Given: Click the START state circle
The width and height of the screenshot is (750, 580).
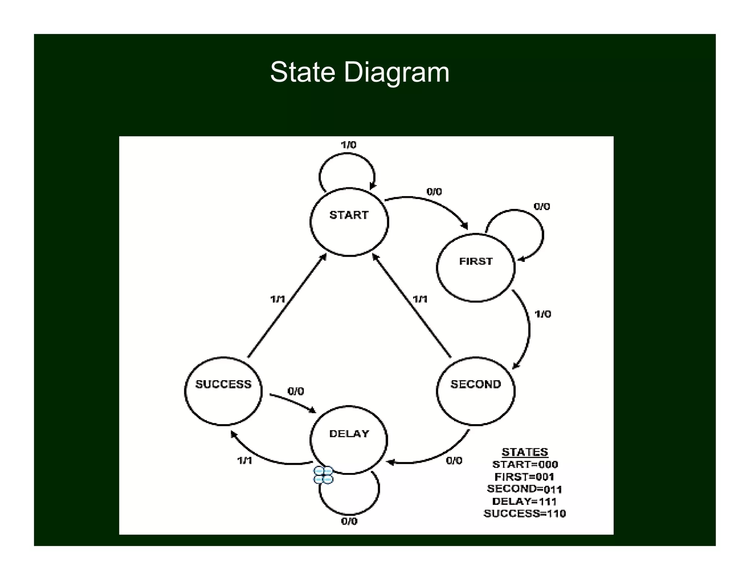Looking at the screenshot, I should [349, 222].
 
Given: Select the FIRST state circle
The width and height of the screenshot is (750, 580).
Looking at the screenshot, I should [476, 268].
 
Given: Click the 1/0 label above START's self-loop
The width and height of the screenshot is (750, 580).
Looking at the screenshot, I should [348, 145].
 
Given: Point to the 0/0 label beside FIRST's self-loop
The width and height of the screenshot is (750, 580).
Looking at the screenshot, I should [542, 207].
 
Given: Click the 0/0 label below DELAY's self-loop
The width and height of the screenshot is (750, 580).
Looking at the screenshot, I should [349, 521].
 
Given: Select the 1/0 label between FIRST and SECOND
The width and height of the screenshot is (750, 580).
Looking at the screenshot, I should [543, 314].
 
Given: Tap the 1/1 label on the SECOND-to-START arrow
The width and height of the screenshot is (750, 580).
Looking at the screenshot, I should [420, 299].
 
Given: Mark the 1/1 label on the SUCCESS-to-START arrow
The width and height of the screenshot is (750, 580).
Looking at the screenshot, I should [278, 299].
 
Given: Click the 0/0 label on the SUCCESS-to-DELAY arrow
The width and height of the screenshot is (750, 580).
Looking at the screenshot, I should [296, 392].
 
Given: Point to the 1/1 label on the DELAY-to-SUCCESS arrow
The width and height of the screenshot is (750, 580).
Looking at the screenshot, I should [245, 460].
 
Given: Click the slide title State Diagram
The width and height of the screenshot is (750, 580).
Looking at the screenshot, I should [360, 72].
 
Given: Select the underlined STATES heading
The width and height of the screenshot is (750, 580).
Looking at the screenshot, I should [524, 452].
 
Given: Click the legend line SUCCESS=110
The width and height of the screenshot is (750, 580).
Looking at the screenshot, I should [524, 514].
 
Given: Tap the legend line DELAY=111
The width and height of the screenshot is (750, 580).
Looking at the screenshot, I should [524, 501].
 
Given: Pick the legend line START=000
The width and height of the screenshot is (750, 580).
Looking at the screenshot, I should [525, 465].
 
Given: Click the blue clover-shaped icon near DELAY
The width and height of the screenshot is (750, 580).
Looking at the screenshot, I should [323, 475].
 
